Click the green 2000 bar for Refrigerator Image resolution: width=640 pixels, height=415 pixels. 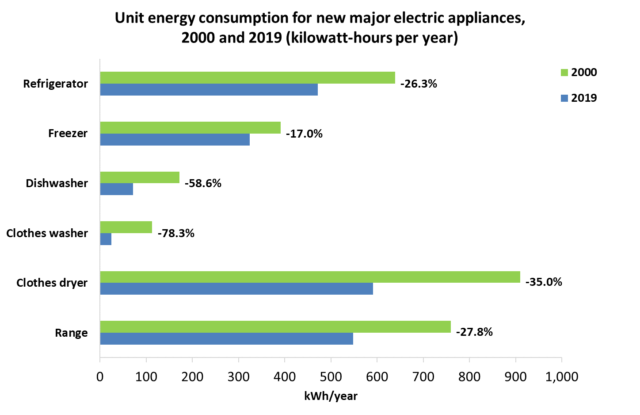pos(248,78)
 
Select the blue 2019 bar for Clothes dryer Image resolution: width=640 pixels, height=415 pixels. pos(236,288)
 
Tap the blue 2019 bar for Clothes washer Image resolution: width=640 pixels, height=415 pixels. pos(106,239)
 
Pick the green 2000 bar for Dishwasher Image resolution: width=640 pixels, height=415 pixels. pos(140,177)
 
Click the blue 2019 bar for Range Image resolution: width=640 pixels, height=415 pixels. pos(226,338)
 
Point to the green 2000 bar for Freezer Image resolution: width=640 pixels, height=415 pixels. pos(190,128)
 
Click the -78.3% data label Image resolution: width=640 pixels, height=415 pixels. pos(176,233)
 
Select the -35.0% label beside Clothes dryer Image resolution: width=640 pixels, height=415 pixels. pos(544,282)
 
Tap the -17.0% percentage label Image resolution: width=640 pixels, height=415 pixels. pos(304,134)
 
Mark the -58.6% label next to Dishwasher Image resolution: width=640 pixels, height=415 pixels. pos(203,183)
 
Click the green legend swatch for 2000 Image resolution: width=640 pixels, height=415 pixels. pos(564,73)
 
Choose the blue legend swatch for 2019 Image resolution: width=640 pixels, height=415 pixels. pos(564,98)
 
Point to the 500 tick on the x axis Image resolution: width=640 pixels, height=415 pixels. pos(331,377)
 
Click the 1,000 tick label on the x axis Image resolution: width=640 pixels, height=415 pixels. pos(561,377)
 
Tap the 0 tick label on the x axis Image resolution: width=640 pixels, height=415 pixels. pos(100,377)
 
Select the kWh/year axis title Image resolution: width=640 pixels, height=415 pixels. pos(331,396)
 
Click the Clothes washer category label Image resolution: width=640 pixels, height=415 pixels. pos(47,233)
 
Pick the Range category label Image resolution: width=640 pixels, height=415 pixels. pos(71,333)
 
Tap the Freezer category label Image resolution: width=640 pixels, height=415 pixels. pos(68,133)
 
